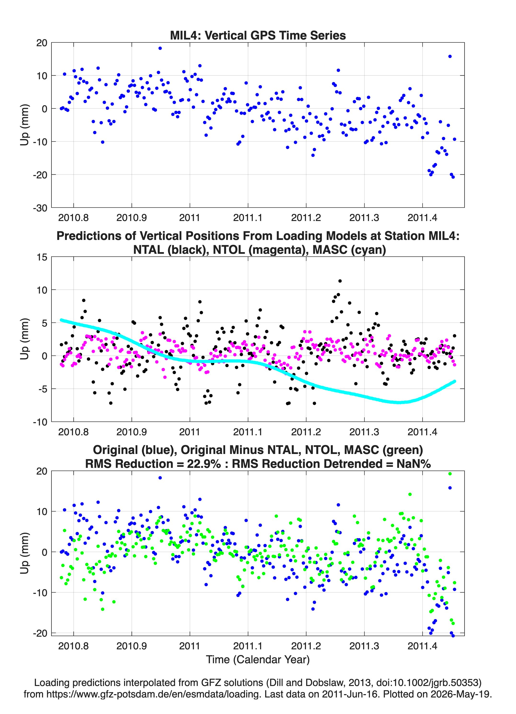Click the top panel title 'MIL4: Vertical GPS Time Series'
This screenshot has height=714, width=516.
click(x=258, y=35)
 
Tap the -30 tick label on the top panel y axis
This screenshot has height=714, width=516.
click(x=40, y=208)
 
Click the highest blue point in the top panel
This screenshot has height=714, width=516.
click(x=160, y=48)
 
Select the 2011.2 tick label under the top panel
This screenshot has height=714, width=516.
click(x=306, y=218)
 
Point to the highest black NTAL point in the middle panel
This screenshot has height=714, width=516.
click(x=340, y=281)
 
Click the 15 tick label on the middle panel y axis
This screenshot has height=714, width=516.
click(x=42, y=257)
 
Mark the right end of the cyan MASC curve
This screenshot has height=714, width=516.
click(x=455, y=381)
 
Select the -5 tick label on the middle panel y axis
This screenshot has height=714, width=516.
click(x=43, y=389)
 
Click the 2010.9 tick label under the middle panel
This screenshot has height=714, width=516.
click(x=132, y=432)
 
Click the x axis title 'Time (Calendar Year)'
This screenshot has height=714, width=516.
click(x=258, y=659)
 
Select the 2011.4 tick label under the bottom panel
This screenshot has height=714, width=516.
click(x=422, y=646)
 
